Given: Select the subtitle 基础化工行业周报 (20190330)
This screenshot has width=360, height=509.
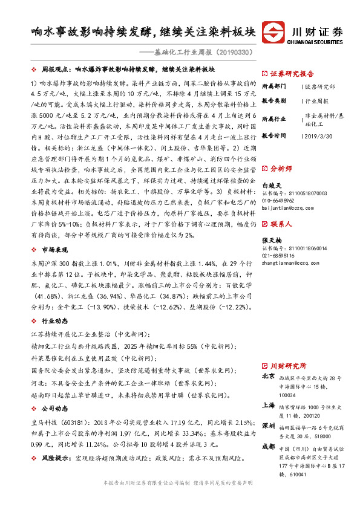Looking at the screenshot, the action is (202, 53).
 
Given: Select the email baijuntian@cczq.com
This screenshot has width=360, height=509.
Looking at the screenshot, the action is (287, 207).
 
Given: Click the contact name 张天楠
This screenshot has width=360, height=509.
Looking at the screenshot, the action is (271, 239).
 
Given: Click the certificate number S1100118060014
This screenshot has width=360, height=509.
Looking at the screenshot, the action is (286, 248).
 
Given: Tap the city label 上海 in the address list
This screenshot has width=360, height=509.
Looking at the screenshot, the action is (268, 406).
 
